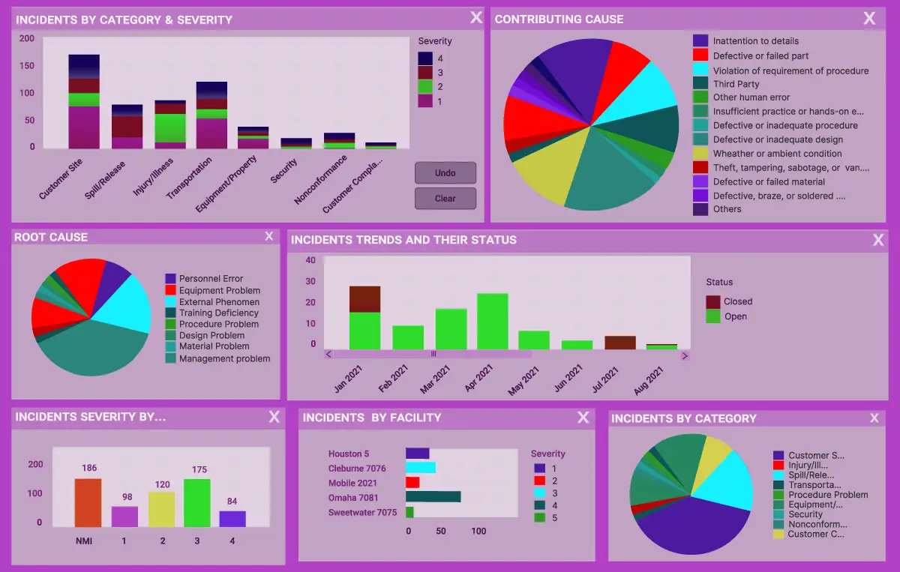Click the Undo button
tap(445, 173)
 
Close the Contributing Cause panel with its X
tap(869, 19)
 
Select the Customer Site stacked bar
tap(84, 102)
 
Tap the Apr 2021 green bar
tap(492, 322)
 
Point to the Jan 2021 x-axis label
tap(350, 378)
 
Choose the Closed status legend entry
tap(737, 301)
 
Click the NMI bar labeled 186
tap(88, 503)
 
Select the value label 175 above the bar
tap(199, 470)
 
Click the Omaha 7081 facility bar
tap(433, 496)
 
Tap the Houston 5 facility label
tap(349, 454)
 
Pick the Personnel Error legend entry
tap(211, 279)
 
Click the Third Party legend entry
tap(736, 84)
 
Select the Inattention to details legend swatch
tap(700, 41)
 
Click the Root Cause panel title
tap(51, 237)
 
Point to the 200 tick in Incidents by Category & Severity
tap(27, 38)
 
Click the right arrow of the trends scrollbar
tap(685, 355)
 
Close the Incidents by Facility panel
tap(583, 418)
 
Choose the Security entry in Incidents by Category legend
tap(805, 514)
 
